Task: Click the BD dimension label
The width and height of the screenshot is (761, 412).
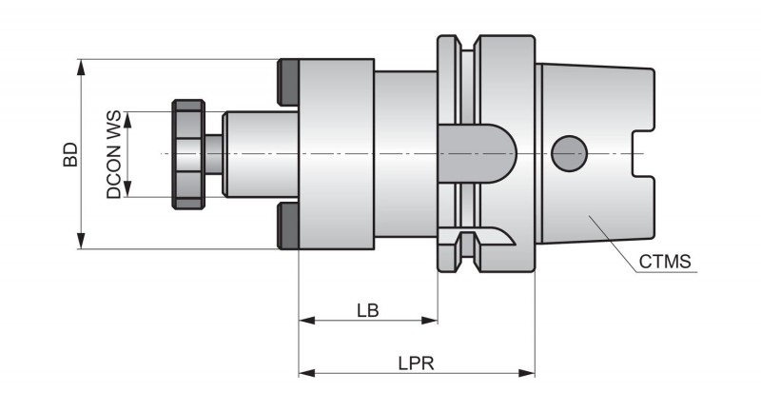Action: click(x=69, y=156)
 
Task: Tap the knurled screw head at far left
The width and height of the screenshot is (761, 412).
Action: click(x=185, y=153)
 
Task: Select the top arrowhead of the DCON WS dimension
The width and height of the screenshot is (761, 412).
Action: click(x=127, y=117)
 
